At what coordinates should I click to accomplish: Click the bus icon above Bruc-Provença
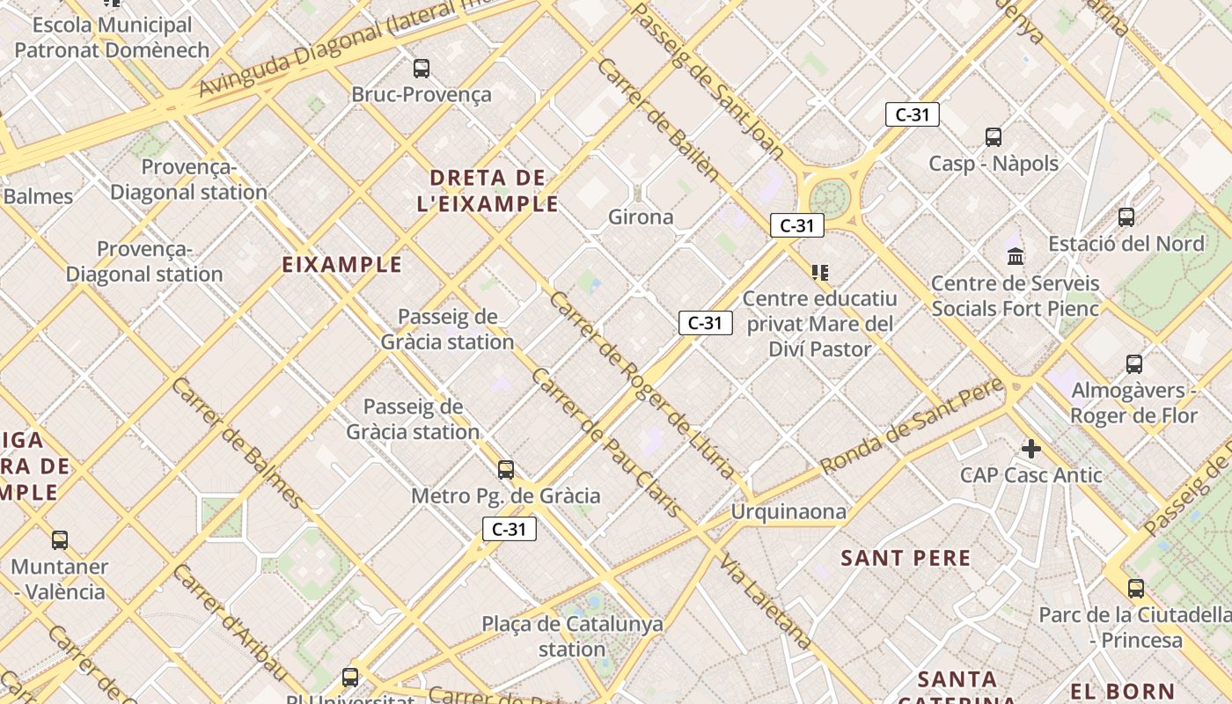pos(422,68)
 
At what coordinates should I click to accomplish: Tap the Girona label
pos(641,216)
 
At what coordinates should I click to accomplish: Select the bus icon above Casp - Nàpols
pos(994,136)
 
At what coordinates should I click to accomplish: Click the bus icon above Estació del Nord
pos(1126,216)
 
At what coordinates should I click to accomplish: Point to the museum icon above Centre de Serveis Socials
pos(1016,256)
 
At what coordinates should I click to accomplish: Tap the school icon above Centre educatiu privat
pos(820,273)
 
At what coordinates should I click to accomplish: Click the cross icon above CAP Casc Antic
pos(1030,449)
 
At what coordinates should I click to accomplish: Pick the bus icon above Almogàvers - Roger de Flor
pos(1134,363)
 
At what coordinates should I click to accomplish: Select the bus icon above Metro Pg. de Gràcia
pos(506,470)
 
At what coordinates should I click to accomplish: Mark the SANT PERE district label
pos(906,558)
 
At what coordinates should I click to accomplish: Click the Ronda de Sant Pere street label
pos(912,426)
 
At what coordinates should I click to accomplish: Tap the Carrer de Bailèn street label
pos(657,118)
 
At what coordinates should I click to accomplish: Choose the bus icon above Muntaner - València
pos(60,539)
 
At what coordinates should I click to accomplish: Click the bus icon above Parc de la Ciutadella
pos(1136,588)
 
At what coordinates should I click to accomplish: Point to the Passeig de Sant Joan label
pos(708,79)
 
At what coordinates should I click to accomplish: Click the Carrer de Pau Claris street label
pos(605,442)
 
